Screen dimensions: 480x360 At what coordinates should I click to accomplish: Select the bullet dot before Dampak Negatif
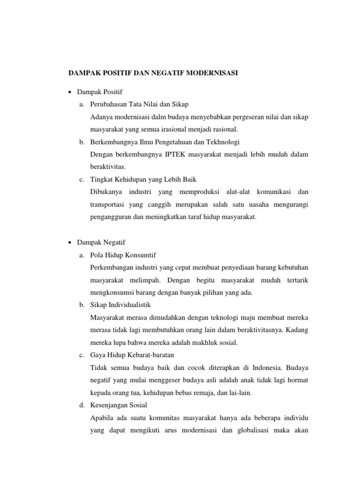point(70,242)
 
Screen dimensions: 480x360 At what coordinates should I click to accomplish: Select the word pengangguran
point(111,217)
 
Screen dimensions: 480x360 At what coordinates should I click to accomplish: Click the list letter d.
point(81,405)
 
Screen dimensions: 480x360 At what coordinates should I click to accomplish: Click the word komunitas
point(162,418)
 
